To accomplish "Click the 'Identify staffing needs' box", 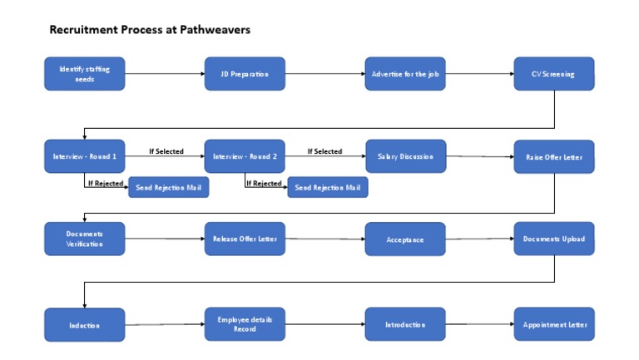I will click(84, 74).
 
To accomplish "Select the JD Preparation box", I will click(245, 74).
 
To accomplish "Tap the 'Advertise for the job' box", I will click(405, 74).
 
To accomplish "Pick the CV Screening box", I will click(553, 74).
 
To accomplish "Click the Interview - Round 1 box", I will click(84, 156).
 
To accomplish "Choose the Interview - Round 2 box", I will click(245, 156).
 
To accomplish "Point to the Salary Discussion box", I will click(405, 156).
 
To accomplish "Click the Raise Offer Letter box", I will click(553, 157).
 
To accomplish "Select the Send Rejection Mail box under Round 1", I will click(168, 188).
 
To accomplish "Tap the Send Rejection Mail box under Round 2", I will click(328, 188).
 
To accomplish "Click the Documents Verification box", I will click(84, 239).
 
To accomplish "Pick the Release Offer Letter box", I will click(245, 239).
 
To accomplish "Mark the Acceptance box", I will click(405, 239).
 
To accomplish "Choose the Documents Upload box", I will click(553, 239).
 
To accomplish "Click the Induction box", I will click(84, 325).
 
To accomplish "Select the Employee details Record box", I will click(245, 324).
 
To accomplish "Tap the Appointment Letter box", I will click(553, 324).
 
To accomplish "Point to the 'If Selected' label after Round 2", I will click(324, 151).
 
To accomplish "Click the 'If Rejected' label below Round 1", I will click(106, 183).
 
